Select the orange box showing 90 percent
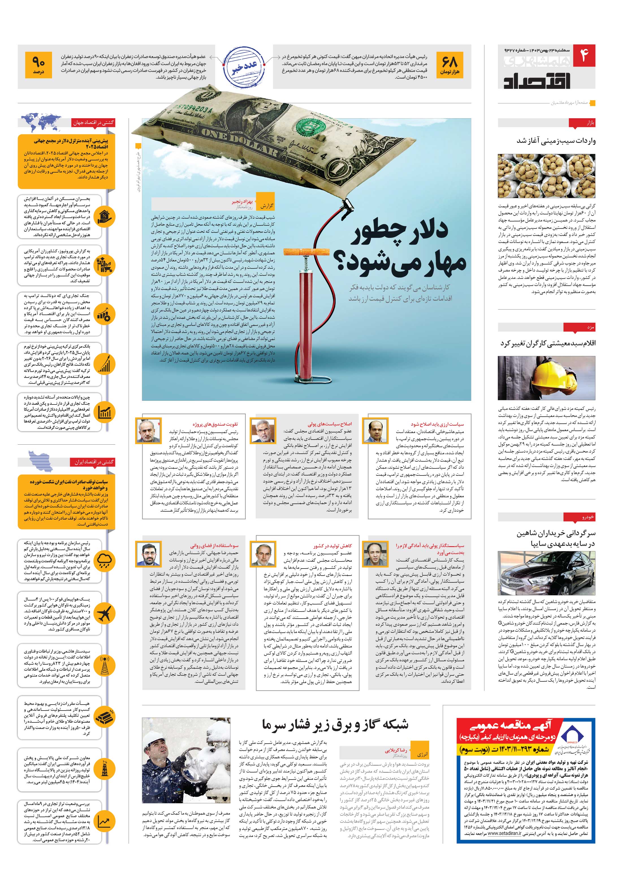pyautogui.click(x=38, y=65)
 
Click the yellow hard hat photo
pyautogui.click(x=547, y=378)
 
